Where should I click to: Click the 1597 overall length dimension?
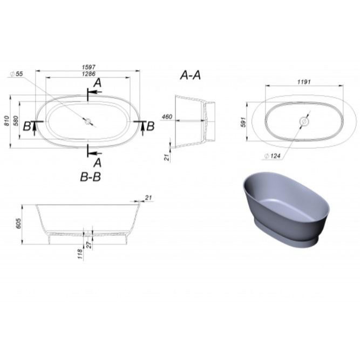(89, 67)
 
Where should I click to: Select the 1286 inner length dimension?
(89, 74)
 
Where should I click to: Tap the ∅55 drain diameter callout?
(17, 74)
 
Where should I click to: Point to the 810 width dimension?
(7, 121)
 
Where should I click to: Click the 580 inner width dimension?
(16, 121)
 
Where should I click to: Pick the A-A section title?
(191, 75)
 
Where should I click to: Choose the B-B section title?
(91, 177)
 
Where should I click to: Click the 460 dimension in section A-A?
(167, 117)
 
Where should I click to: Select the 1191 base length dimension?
(304, 81)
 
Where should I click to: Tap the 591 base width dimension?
(243, 122)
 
